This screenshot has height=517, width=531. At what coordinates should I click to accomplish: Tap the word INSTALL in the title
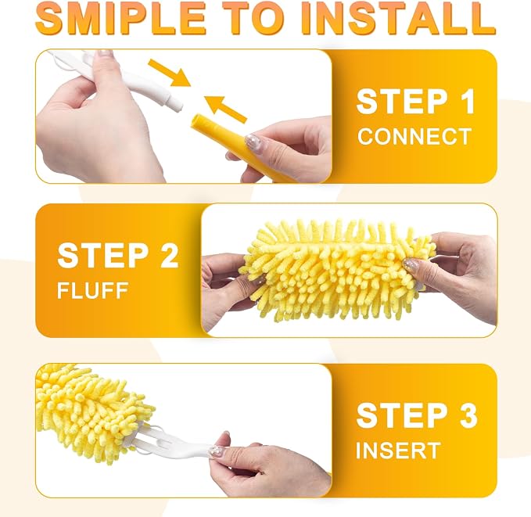click(x=399, y=18)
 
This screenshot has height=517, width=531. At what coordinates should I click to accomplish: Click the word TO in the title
click(x=255, y=18)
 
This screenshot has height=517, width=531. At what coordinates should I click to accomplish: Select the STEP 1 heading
click(x=415, y=102)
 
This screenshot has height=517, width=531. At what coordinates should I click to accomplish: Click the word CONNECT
click(x=414, y=137)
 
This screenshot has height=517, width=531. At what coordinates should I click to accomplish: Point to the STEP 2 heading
click(x=118, y=255)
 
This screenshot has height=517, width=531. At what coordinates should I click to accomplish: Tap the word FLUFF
click(x=92, y=290)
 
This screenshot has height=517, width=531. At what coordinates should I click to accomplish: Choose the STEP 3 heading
click(x=417, y=415)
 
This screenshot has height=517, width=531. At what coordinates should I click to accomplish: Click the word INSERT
click(x=398, y=451)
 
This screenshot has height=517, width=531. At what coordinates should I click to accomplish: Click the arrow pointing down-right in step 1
click(x=170, y=73)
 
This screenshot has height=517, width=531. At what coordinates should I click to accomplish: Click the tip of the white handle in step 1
click(x=178, y=106)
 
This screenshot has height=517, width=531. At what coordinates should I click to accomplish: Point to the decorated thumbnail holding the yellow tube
click(x=253, y=143)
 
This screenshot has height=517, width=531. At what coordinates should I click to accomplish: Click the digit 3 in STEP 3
click(x=468, y=415)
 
